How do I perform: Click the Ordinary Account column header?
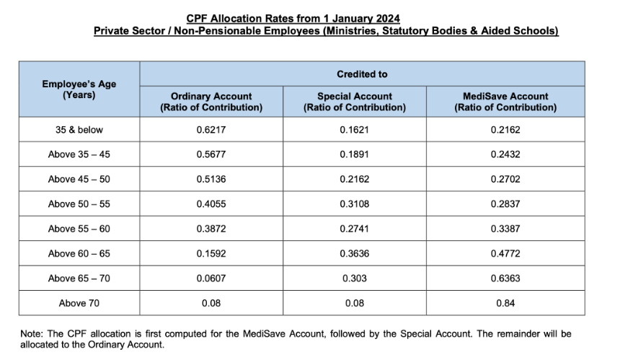click(x=211, y=102)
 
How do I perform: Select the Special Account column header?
click(x=355, y=102)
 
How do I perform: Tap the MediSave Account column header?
click(x=505, y=102)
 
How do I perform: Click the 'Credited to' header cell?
click(x=362, y=74)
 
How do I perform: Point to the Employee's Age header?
click(x=79, y=89)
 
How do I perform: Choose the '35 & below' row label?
click(x=79, y=130)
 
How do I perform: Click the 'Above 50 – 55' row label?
click(x=79, y=204)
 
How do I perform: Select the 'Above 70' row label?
click(x=79, y=303)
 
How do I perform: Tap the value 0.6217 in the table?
click(x=211, y=130)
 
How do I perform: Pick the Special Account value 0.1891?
click(x=355, y=154)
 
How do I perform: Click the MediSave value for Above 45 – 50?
click(x=505, y=179)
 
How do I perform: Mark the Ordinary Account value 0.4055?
click(x=211, y=204)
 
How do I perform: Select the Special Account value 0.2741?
click(x=355, y=229)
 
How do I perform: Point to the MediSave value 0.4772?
click(x=505, y=253)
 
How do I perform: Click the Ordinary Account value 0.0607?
click(x=211, y=278)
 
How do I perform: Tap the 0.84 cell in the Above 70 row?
click(x=505, y=303)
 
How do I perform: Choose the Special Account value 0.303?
click(x=355, y=278)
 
